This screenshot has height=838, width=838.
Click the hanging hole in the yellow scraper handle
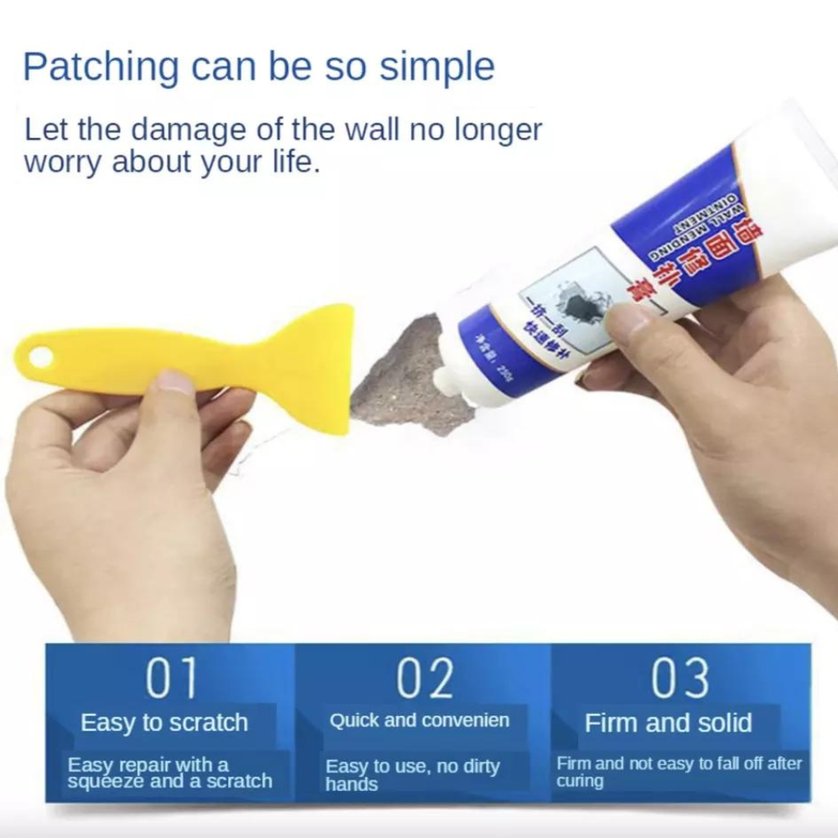coord(40,359)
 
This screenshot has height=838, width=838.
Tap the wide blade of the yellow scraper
coord(323,369)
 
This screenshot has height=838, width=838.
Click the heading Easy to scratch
coord(164,722)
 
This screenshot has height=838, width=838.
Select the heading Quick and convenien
coord(419,721)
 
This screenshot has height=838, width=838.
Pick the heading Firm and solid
coord(668,722)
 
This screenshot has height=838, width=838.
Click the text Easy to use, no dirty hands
coord(412,775)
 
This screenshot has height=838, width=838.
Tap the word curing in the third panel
coord(579,781)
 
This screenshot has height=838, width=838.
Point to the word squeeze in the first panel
coord(106,781)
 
